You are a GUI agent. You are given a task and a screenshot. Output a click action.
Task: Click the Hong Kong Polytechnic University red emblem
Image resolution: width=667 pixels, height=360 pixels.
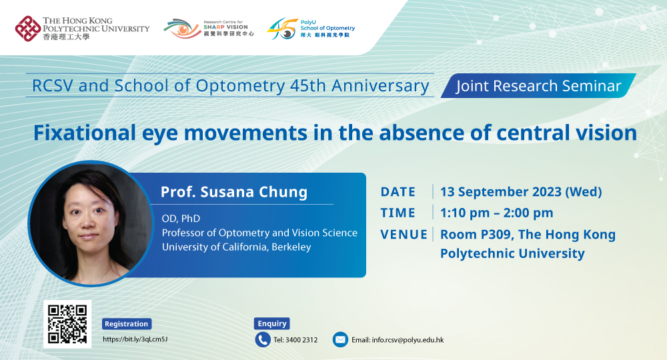pyautogui.click(x=27, y=29)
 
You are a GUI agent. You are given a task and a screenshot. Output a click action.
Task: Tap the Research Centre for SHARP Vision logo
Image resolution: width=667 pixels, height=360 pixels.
pyautogui.click(x=208, y=29)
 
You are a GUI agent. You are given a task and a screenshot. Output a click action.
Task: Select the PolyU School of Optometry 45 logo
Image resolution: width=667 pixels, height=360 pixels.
pyautogui.click(x=311, y=29)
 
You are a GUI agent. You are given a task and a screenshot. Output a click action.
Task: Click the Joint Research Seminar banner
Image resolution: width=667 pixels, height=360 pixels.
pyautogui.click(x=538, y=86)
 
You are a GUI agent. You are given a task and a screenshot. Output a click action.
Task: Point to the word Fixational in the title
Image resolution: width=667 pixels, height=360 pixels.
pyautogui.click(x=85, y=133)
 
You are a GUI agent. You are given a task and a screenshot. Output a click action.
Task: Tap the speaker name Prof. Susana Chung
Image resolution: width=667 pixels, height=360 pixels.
pyautogui.click(x=234, y=192)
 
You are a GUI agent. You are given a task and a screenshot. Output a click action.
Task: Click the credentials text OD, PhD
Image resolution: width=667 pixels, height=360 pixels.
pyautogui.click(x=181, y=219)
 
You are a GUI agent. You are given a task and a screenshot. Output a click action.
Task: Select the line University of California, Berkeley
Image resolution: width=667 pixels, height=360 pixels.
pyautogui.click(x=237, y=247)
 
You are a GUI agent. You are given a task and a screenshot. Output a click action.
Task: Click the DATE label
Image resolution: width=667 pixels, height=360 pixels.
pyautogui.click(x=398, y=192)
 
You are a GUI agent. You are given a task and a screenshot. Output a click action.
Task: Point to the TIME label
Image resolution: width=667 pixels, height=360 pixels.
pyautogui.click(x=398, y=213)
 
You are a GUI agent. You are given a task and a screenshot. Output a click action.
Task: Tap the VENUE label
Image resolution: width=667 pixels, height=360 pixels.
pyautogui.click(x=404, y=235)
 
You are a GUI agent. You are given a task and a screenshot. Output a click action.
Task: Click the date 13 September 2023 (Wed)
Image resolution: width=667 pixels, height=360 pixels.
pyautogui.click(x=521, y=192)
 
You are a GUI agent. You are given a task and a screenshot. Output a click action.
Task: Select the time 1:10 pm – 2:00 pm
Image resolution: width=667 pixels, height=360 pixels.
pyautogui.click(x=497, y=213)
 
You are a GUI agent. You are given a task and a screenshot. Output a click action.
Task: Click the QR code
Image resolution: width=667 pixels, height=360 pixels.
pyautogui.click(x=67, y=324)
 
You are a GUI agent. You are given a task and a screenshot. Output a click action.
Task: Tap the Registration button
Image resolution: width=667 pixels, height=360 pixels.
pyautogui.click(x=126, y=324)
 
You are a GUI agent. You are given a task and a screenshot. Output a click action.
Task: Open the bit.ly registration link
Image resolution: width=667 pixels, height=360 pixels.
pyautogui.click(x=135, y=339)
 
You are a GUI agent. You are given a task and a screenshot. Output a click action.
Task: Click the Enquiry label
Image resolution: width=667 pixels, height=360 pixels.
pyautogui.click(x=272, y=323)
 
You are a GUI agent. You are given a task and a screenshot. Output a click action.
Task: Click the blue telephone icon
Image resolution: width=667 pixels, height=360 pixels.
pyautogui.click(x=263, y=339)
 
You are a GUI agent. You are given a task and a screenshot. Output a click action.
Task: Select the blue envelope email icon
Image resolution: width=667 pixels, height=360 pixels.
pyautogui.click(x=340, y=339)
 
